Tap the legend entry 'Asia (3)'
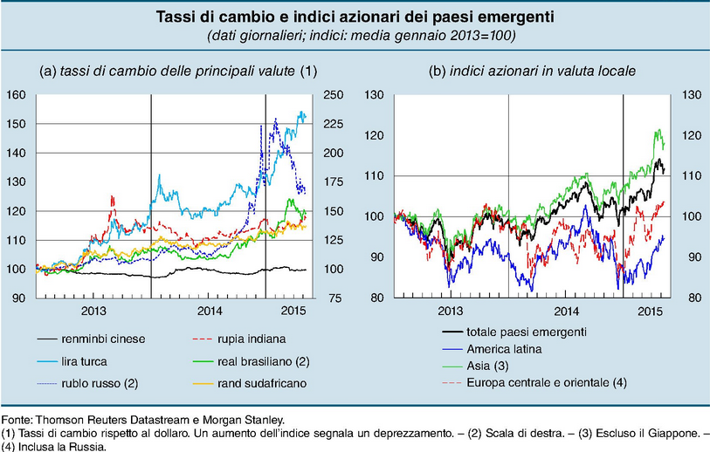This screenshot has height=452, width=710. coord(493,366)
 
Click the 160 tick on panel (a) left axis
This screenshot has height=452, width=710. coord(15,94)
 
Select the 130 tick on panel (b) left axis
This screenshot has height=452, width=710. coord(376,94)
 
